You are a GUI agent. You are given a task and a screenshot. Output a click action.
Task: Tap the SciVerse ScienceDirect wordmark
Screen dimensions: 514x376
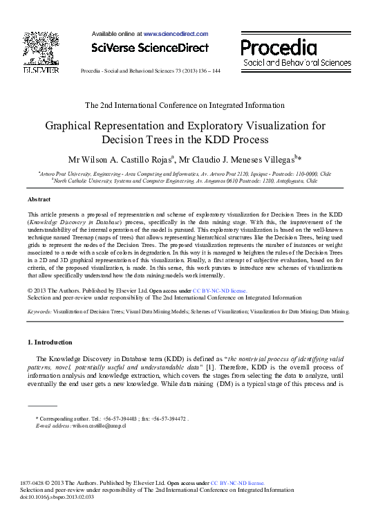149,48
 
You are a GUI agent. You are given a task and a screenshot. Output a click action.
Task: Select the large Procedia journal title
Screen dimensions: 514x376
279,47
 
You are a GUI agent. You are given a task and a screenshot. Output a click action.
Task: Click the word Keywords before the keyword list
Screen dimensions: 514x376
39,312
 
